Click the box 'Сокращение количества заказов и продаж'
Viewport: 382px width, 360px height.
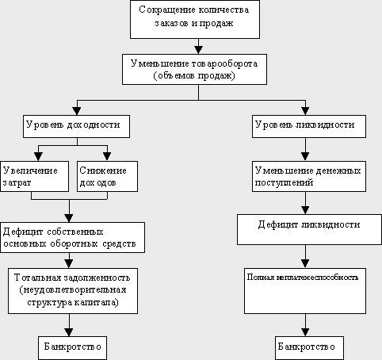point(195,19)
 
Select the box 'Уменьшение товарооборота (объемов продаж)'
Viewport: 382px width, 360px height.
point(194,69)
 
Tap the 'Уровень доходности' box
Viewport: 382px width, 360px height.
point(76,126)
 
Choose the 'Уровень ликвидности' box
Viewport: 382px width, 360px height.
point(309,126)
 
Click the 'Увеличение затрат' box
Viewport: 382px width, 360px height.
point(35,176)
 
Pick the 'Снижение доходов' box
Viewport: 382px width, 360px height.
point(107,176)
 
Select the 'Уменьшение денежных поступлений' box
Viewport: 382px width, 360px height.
point(309,176)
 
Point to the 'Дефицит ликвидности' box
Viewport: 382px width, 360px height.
point(309,229)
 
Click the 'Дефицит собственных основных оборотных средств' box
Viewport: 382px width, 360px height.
point(72,237)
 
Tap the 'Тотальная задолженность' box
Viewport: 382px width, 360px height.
point(73,291)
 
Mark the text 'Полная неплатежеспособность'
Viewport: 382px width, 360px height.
point(303,277)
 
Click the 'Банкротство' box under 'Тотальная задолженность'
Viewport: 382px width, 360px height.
point(72,348)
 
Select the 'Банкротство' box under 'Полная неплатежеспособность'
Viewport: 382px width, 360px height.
point(309,348)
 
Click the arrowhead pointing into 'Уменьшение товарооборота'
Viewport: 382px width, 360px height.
point(198,50)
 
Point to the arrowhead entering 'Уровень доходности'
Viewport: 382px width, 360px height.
point(77,111)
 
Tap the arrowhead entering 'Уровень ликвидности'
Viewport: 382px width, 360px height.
point(305,111)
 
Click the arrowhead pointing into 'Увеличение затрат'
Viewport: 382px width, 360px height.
point(39,157)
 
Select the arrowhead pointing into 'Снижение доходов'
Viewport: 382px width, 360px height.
point(107,157)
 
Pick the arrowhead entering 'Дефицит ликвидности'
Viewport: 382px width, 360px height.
point(305,210)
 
